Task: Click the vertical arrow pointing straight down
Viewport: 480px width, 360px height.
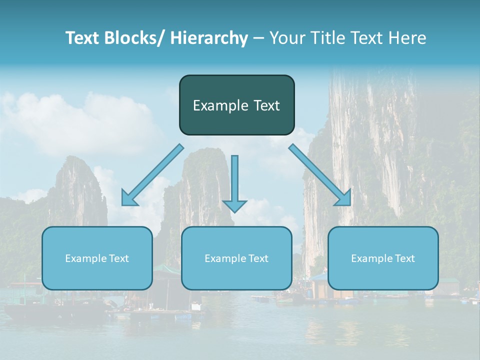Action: click(234, 180)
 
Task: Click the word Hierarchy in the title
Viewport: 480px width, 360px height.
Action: click(209, 38)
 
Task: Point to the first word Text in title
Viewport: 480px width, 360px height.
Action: click(84, 38)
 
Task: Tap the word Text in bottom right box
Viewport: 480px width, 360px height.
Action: click(404, 258)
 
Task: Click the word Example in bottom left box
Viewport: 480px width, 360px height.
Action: click(86, 258)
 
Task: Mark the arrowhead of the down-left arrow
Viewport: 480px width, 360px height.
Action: click(129, 198)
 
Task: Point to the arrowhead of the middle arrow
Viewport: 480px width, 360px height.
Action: click(234, 205)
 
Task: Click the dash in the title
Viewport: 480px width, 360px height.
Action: click(258, 38)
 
